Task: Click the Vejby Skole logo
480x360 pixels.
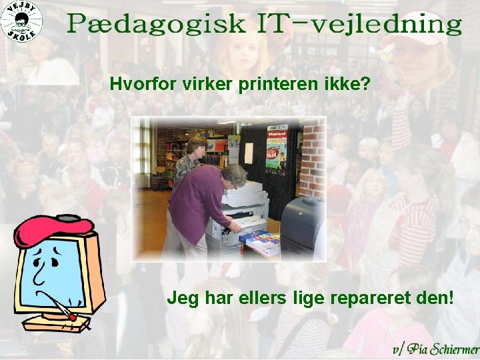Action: pos(21,21)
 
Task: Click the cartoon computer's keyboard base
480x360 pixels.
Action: pos(57,323)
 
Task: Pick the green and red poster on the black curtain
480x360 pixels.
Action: pos(275,151)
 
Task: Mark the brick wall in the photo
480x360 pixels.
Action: pos(313,160)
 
